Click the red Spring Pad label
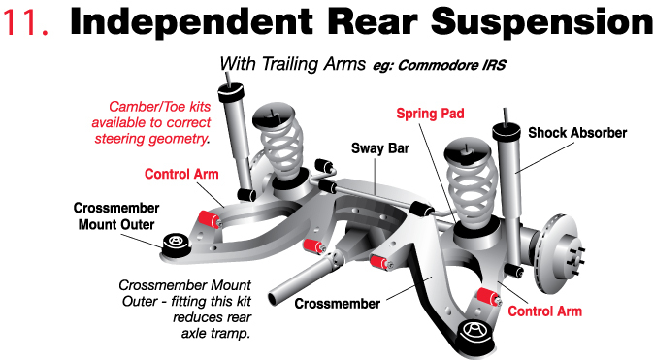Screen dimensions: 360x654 pyautogui.click(x=429, y=114)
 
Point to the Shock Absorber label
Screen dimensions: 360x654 pyautogui.click(x=577, y=132)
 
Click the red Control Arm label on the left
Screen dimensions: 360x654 pyautogui.click(x=180, y=175)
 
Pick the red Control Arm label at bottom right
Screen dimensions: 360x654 pyautogui.click(x=545, y=311)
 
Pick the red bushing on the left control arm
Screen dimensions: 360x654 pyautogui.click(x=205, y=216)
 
